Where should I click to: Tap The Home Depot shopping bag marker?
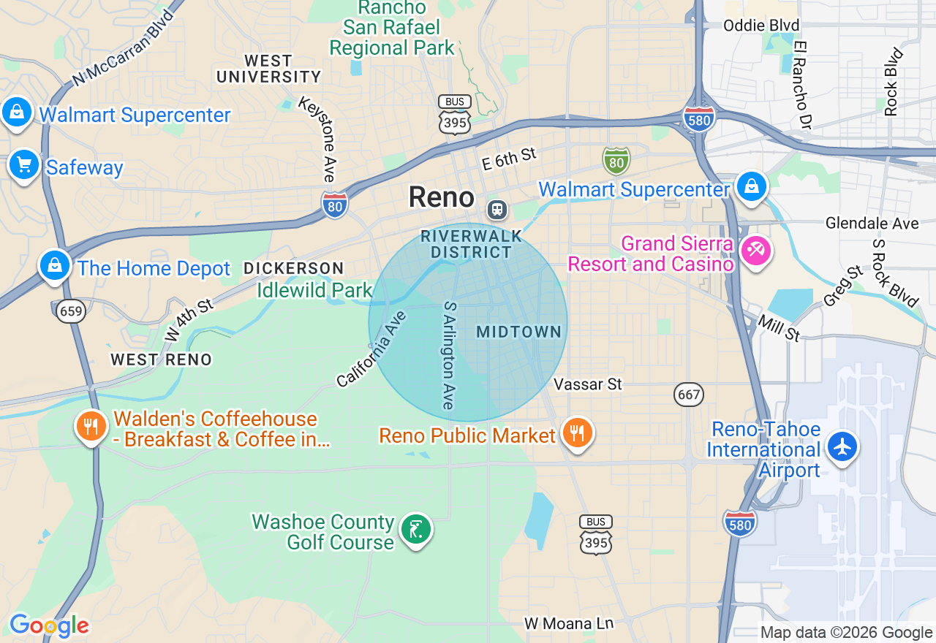(x=55, y=265)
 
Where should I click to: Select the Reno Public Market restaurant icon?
(x=577, y=433)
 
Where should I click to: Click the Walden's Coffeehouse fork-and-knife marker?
(x=91, y=425)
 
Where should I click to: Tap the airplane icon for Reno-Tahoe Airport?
(x=842, y=446)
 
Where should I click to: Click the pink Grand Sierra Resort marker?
(x=755, y=251)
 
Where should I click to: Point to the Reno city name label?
(x=441, y=197)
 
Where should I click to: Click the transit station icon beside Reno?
(x=497, y=210)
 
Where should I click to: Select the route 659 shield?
(x=72, y=311)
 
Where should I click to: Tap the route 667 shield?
(x=689, y=395)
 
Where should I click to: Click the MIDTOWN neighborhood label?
(x=518, y=332)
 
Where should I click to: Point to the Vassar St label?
(x=587, y=384)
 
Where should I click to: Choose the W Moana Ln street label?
(x=569, y=623)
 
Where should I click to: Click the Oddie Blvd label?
(x=760, y=26)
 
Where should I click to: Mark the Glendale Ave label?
(x=872, y=224)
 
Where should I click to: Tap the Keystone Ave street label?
(x=317, y=139)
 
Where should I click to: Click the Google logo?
(x=49, y=625)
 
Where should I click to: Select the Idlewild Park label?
(x=315, y=290)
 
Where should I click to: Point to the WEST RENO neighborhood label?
(x=161, y=359)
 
